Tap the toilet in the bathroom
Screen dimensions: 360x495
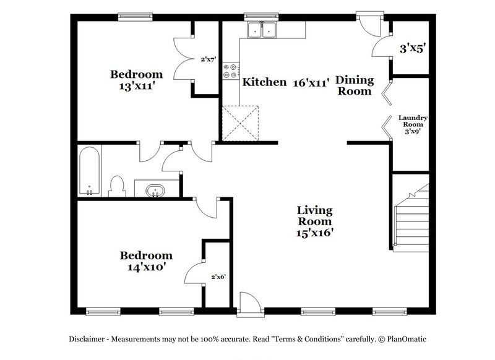(x=116, y=186)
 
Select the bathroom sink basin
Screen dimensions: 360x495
(x=155, y=190)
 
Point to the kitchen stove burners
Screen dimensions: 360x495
(x=230, y=71)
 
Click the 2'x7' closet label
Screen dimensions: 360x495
(x=207, y=60)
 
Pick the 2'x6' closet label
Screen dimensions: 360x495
(x=218, y=276)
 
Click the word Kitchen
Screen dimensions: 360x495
(x=264, y=82)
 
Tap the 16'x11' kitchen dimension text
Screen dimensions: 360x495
(x=311, y=82)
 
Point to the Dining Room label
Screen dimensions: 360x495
(x=355, y=85)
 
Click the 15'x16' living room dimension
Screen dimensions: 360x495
(x=316, y=233)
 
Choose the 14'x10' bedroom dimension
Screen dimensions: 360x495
(x=146, y=267)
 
